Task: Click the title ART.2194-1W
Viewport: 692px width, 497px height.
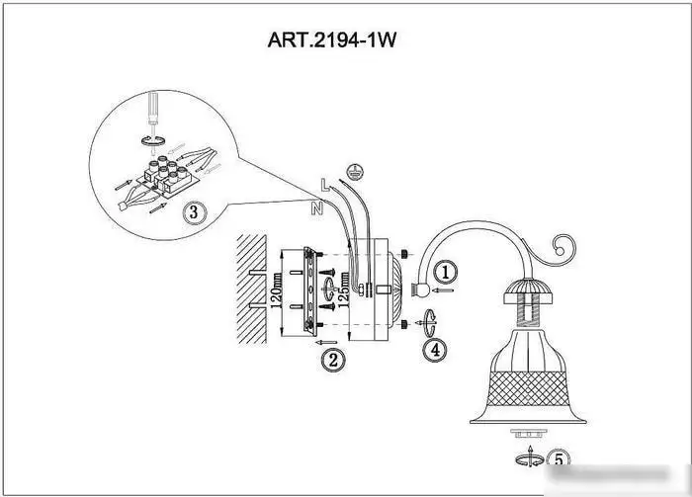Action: [x=332, y=41]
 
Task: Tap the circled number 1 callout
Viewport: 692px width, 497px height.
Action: [x=445, y=272]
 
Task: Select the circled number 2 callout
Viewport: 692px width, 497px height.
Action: [x=333, y=360]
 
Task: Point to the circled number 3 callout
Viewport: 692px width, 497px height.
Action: [x=194, y=212]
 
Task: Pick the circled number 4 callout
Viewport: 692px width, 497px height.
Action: [x=435, y=350]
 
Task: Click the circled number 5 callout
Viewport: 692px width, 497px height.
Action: [x=559, y=459]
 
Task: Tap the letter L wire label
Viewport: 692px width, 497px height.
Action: [x=325, y=185]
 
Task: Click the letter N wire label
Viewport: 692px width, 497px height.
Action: [x=317, y=208]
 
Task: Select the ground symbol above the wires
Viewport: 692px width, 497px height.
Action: [x=353, y=172]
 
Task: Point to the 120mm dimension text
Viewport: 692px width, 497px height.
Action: [x=276, y=290]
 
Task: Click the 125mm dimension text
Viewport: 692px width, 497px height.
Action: [x=344, y=288]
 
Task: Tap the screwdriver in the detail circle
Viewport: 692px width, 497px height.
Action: [x=152, y=111]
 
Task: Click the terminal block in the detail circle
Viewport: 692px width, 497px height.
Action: [x=169, y=177]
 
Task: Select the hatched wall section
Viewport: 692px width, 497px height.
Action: [x=252, y=290]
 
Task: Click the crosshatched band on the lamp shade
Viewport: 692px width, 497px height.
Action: [x=527, y=388]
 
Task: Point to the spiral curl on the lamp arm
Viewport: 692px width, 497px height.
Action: [x=562, y=250]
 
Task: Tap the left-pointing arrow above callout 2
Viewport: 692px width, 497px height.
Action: [x=326, y=342]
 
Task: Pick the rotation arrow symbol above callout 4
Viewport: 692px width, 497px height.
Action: [x=430, y=324]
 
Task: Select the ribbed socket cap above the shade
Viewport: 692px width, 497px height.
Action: [x=528, y=291]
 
